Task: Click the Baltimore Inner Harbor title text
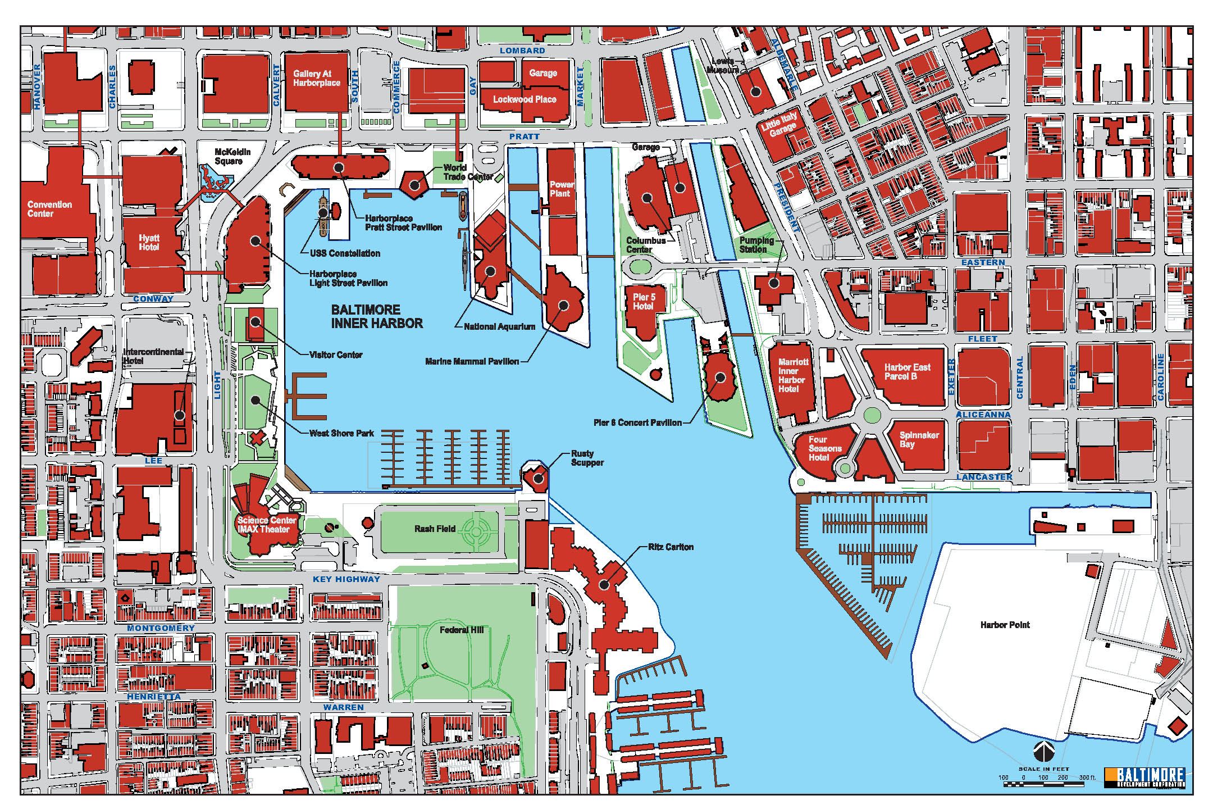coord(376,316)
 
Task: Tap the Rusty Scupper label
coord(587,458)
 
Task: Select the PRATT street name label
coord(524,137)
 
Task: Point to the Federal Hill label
coord(461,630)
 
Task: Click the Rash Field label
coord(434,529)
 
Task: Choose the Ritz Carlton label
coord(671,547)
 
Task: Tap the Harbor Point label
coord(1005,625)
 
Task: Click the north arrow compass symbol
coord(1043,751)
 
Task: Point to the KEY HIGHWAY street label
coord(346,579)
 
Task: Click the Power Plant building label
coord(561,189)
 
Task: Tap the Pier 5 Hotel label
coord(644,302)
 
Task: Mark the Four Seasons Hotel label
coord(824,448)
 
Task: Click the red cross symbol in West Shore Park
coord(258,438)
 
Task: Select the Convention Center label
coord(49,209)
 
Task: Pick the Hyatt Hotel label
coord(149,242)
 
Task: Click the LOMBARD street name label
coord(522,51)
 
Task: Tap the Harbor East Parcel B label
coord(906,371)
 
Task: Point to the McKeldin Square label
coord(232,156)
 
